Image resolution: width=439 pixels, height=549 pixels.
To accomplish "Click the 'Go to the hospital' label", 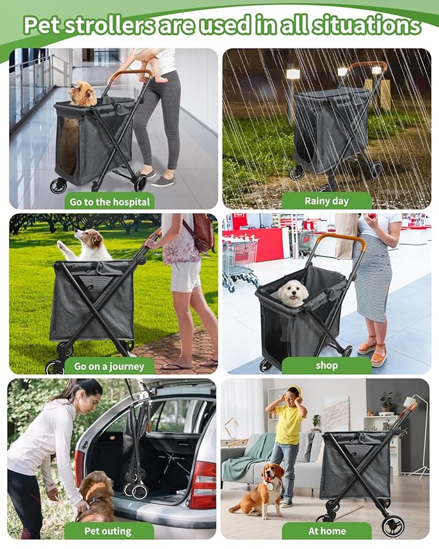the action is point(109,202).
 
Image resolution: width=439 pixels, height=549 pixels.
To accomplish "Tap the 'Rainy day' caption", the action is point(327,201).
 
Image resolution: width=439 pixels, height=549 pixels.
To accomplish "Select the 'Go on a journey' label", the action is point(109,366).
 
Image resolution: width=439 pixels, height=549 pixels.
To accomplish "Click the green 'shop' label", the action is point(327,365).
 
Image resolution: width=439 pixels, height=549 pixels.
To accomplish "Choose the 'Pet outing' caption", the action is point(108,531).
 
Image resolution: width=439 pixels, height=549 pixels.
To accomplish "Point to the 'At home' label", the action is point(327,531).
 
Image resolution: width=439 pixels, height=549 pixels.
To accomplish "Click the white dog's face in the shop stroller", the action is point(293,293).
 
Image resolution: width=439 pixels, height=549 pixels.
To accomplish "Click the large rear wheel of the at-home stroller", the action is point(392,525).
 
